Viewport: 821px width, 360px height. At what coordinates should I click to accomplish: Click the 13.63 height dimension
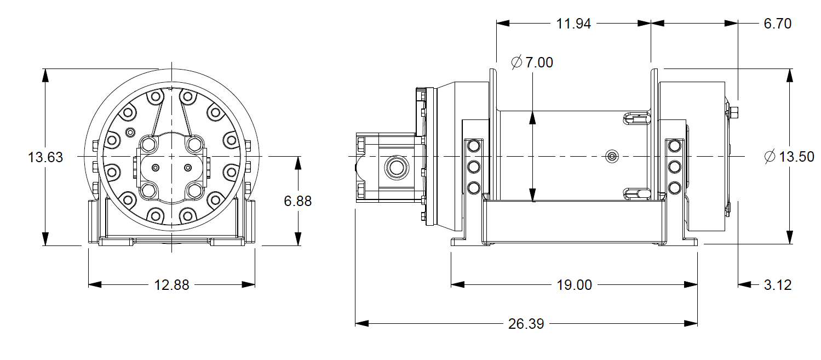pos(45,158)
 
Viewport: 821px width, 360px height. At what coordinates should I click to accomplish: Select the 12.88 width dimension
pos(171,285)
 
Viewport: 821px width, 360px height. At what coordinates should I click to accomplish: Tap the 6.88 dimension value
pos(297,201)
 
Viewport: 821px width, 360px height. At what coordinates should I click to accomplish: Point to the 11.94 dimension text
pos(573,24)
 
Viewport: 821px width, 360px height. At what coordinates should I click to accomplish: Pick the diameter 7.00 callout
pos(532,62)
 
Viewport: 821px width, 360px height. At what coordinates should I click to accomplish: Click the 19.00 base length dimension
pos(573,285)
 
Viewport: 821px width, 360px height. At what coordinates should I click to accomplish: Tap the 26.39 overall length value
pos(526,324)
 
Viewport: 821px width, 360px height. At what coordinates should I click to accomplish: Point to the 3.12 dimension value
pos(777,285)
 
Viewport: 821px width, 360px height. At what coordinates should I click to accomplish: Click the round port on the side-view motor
pos(394,165)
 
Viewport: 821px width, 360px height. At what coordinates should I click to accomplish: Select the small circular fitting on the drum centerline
pos(611,156)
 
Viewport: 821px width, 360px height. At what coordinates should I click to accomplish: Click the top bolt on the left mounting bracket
pos(473,146)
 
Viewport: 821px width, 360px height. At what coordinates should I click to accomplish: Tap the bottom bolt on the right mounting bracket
pos(675,188)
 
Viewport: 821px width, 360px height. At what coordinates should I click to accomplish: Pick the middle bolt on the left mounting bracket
pos(473,167)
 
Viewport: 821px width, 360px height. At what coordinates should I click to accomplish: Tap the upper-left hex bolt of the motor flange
pos(148,145)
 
